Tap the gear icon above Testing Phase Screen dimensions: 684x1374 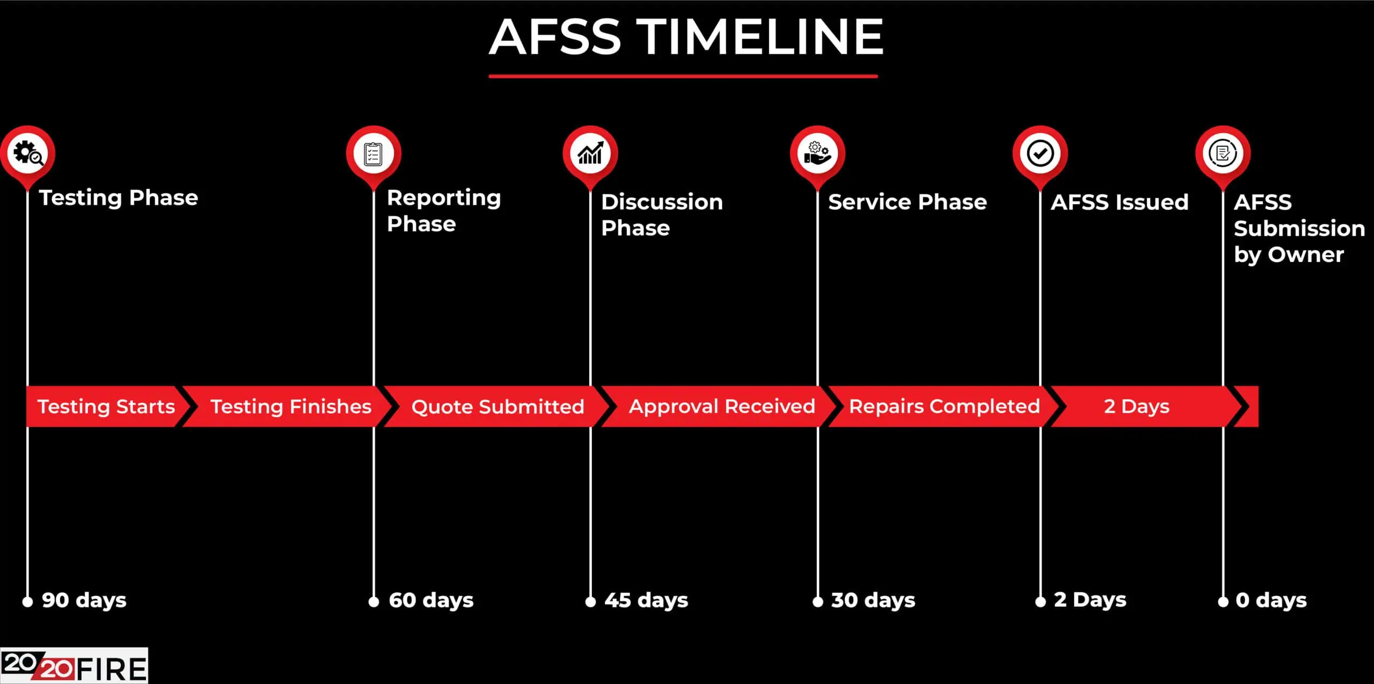(28, 154)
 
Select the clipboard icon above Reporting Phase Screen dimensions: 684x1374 (373, 154)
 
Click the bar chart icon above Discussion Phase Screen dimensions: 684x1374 (590, 154)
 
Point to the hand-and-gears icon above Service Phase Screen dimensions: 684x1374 (817, 154)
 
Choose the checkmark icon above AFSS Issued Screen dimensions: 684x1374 (1040, 154)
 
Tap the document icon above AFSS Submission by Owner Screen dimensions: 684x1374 (1223, 154)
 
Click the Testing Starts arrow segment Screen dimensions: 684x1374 (106, 406)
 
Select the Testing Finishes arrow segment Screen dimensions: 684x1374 (290, 406)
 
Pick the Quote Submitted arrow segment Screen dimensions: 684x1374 (497, 406)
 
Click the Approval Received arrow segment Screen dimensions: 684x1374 (721, 406)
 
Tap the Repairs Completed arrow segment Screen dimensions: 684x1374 (944, 406)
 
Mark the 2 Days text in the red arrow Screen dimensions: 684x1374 (1136, 406)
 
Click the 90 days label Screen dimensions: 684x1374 (84, 600)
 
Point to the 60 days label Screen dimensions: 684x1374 (430, 600)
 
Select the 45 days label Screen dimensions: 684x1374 (646, 600)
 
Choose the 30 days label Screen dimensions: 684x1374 (873, 600)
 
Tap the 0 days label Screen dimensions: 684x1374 (1270, 600)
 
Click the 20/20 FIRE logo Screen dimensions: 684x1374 (74, 666)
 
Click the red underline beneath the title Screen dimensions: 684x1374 (683, 76)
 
